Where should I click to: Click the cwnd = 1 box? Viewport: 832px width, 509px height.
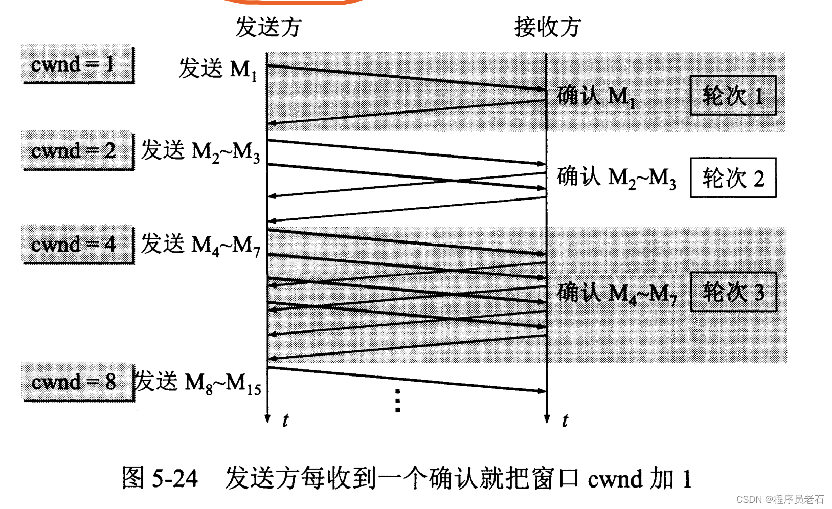click(77, 64)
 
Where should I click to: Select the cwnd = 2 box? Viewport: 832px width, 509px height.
click(77, 150)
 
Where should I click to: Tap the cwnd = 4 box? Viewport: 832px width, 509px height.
click(77, 244)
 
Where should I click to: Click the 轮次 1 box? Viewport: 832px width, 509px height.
click(733, 96)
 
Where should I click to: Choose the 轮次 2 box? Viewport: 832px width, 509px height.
click(733, 178)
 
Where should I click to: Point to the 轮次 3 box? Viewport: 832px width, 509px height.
click(733, 292)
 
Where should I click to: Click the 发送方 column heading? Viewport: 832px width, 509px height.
click(268, 27)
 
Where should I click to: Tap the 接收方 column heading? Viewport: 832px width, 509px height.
click(547, 27)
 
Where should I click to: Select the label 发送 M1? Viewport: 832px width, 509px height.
click(217, 69)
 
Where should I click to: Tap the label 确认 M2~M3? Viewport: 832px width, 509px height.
click(616, 178)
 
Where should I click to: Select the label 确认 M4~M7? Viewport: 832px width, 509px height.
click(617, 293)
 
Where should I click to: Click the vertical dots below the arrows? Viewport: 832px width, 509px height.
click(397, 400)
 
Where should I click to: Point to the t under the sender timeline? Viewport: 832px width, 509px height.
click(285, 421)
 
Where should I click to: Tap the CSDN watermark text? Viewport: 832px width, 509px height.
click(780, 499)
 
